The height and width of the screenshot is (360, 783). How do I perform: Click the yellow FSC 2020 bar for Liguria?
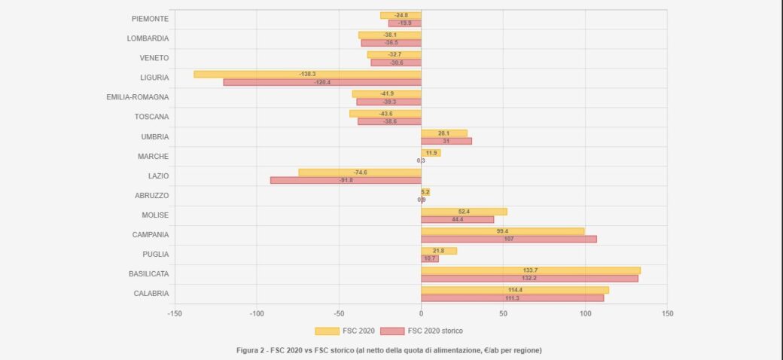coord(307,74)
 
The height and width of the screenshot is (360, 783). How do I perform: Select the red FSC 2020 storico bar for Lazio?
coord(346,180)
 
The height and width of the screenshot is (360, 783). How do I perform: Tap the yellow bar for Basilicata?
coord(531,270)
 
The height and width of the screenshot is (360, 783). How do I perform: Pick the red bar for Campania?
coord(509,239)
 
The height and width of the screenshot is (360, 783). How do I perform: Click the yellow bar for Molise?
coord(464,212)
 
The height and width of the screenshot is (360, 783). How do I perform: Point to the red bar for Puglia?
coord(430,258)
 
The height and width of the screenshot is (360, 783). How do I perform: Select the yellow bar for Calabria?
coord(515,290)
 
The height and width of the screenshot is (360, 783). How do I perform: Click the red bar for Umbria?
coord(446,141)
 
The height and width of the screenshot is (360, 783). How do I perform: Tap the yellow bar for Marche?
coord(431,153)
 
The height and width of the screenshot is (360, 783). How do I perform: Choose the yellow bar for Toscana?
coord(385,114)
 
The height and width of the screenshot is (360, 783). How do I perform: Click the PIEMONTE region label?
coord(150,18)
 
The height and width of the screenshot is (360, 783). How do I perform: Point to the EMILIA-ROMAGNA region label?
coord(138,97)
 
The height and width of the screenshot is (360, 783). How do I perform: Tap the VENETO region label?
coord(154,58)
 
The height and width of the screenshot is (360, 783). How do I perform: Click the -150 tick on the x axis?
coord(175,313)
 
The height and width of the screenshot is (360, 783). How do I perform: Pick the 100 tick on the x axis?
coord(585,313)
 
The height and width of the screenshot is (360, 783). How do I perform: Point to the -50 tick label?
coord(339,313)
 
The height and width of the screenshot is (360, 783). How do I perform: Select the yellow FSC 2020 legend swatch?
coord(327,331)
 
